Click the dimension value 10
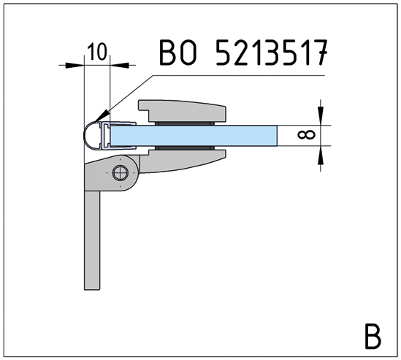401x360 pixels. (x=97, y=51)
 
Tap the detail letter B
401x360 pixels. (x=372, y=336)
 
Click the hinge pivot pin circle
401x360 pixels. (x=120, y=174)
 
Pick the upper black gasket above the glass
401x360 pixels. (x=183, y=122)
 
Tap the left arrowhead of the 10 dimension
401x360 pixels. (x=75, y=65)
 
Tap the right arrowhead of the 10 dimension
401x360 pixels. (x=118, y=65)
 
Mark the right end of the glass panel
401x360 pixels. (x=276, y=135)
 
